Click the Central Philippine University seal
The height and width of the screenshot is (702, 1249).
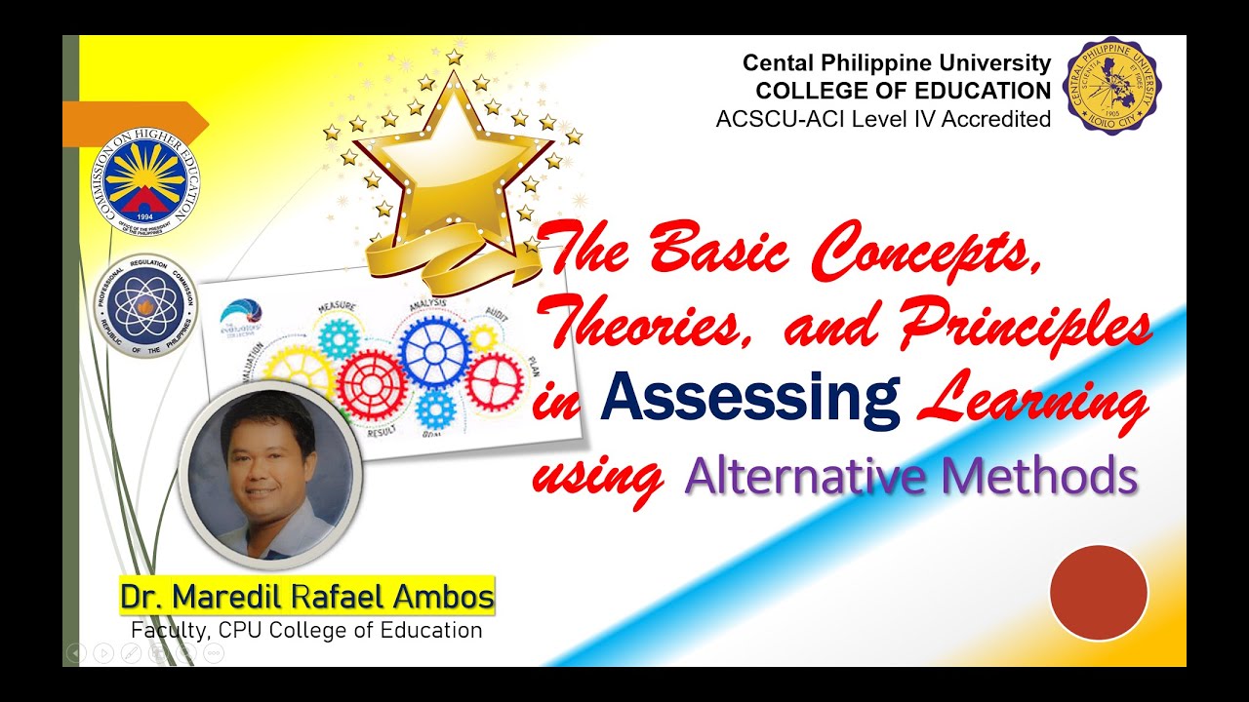pyautogui.click(x=1112, y=87)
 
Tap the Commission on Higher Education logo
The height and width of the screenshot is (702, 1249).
pyautogui.click(x=145, y=178)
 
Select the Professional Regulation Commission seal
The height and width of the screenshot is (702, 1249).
pyautogui.click(x=145, y=306)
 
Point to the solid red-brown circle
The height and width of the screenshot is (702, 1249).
pyautogui.click(x=1099, y=593)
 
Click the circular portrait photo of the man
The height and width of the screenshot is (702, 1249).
pyautogui.click(x=270, y=470)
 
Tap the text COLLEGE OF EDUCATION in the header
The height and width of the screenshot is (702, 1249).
pyautogui.click(x=903, y=91)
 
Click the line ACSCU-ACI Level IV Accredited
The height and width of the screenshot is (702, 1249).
pyautogui.click(x=883, y=119)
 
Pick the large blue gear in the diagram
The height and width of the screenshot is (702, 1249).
pyautogui.click(x=436, y=353)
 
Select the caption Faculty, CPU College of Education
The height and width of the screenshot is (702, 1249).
pyautogui.click(x=306, y=630)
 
